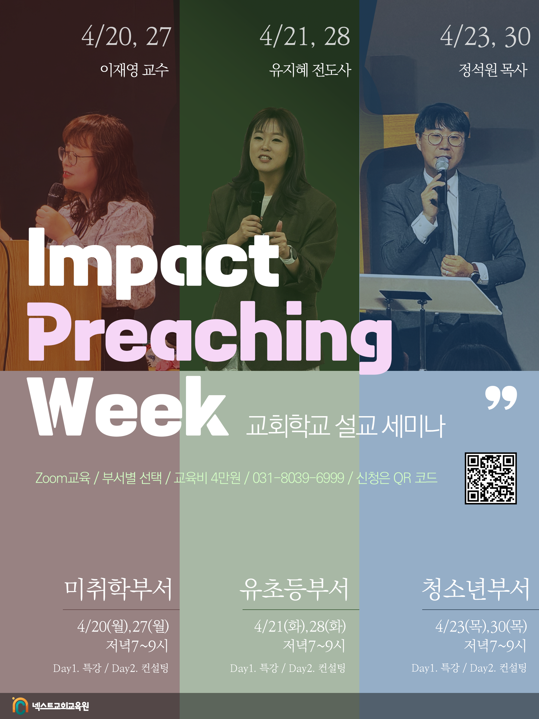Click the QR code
click(490, 478)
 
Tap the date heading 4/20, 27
click(126, 37)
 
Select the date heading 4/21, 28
click(305, 37)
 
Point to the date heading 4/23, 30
click(485, 37)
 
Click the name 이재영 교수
click(134, 70)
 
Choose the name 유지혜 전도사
click(310, 70)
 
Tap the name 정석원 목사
click(493, 70)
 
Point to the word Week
click(128, 406)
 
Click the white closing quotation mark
click(501, 398)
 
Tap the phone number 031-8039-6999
click(298, 478)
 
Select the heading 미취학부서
click(118, 589)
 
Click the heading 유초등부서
click(294, 589)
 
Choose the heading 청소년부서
click(476, 589)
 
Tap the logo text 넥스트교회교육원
click(60, 706)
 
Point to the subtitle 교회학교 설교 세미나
click(346, 426)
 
